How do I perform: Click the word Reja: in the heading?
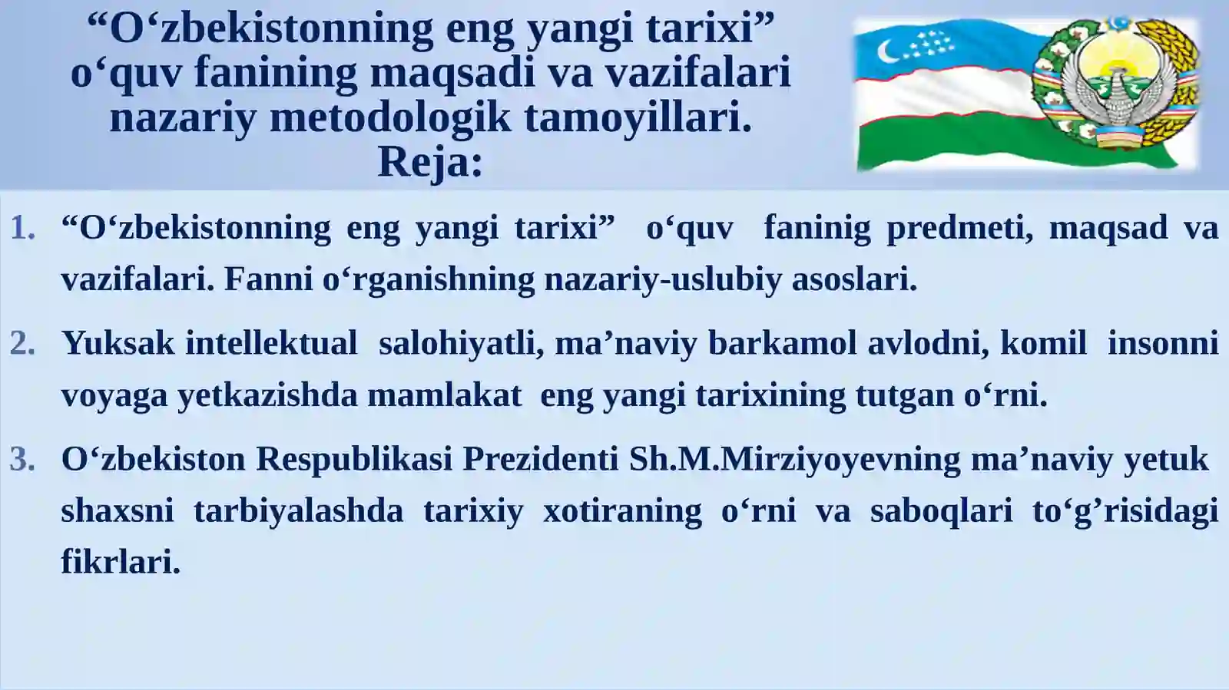pos(430,162)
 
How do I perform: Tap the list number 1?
pos(23,228)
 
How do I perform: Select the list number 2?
pos(23,343)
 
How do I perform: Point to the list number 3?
pos(23,459)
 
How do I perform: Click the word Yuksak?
pos(118,343)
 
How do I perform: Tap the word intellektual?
pos(271,343)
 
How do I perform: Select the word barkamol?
pos(782,343)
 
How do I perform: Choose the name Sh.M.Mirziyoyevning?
pos(794,459)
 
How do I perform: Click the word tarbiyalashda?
pos(298,511)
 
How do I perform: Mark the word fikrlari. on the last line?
pos(121,563)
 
